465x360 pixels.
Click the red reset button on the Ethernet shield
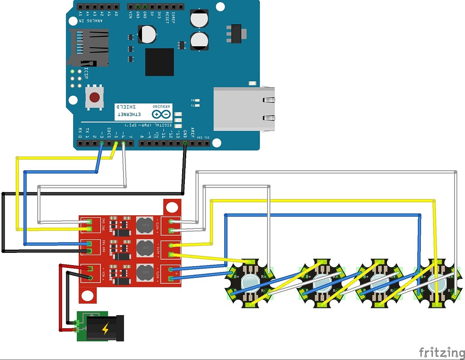[94, 97]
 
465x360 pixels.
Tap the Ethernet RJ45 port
[244, 109]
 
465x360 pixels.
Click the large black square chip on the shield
[159, 62]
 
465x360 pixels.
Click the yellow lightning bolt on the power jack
[105, 328]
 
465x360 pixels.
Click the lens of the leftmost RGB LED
[251, 283]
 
